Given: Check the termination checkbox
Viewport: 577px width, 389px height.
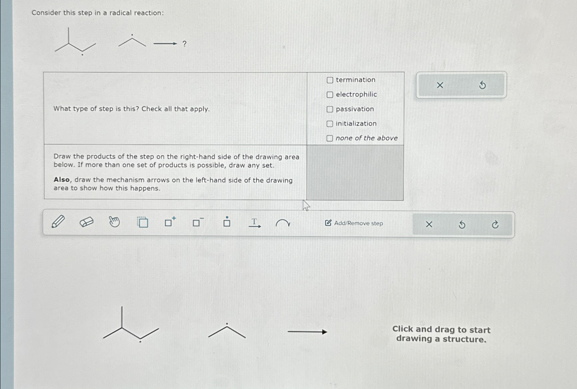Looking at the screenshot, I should coord(330,80).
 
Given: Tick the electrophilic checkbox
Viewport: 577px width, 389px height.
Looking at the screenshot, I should coord(330,95).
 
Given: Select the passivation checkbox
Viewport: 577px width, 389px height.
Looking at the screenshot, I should coord(330,109).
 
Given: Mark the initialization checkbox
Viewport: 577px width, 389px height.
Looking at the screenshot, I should coord(330,124).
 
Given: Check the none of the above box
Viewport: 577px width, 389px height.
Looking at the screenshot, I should coord(330,138).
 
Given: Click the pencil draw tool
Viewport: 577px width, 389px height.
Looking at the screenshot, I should coord(58,222).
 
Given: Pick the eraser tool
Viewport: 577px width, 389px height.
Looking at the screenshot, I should coord(86,222).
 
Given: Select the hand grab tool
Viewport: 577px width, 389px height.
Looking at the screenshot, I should coord(114,222).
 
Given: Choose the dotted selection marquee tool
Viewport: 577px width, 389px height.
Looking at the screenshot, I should coord(142,222).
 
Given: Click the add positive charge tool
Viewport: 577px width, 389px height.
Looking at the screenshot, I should coord(170,222).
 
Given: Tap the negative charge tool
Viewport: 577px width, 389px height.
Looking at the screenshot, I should coord(198,222).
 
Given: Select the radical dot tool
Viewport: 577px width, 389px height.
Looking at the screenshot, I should coord(227,222).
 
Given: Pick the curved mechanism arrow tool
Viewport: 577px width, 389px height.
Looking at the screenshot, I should coord(283,223).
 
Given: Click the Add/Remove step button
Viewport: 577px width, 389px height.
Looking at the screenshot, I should coord(354,223).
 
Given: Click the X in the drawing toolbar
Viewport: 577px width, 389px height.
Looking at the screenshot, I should coord(429,224).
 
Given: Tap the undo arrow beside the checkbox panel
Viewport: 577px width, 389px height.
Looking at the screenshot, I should coord(482,85).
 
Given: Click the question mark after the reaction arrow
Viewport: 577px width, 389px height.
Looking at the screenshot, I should coord(185,44).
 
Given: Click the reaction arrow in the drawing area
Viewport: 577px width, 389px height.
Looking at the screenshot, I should coord(307,332).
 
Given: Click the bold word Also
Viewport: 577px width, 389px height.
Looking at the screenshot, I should coord(62,180).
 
